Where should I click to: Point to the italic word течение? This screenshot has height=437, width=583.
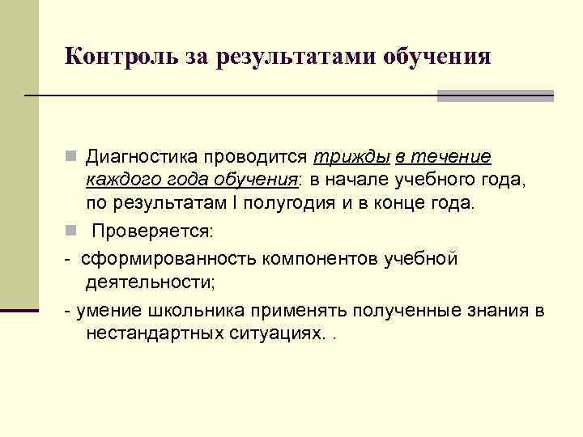pos(451,155)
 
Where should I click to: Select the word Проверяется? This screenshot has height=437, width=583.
pos(152,231)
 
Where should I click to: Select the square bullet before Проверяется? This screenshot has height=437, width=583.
pos(71,231)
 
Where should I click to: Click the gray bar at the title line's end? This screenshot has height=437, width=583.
pos(495,95)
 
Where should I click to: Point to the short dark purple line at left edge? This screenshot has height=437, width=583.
pos(19,310)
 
